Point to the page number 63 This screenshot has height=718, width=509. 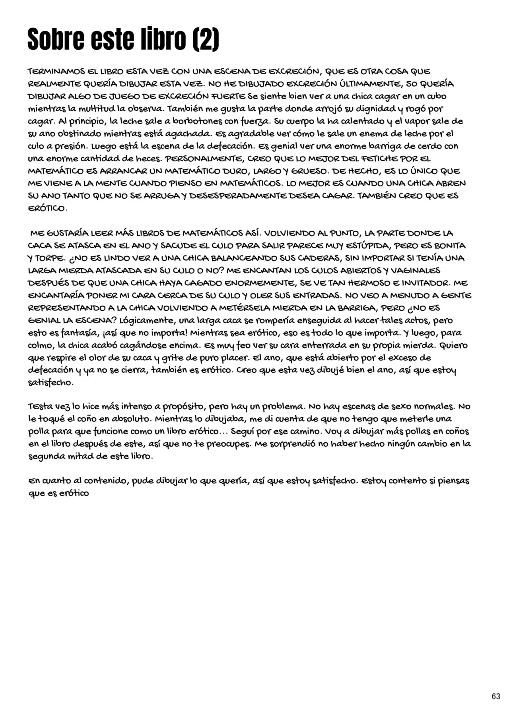click(x=496, y=696)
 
